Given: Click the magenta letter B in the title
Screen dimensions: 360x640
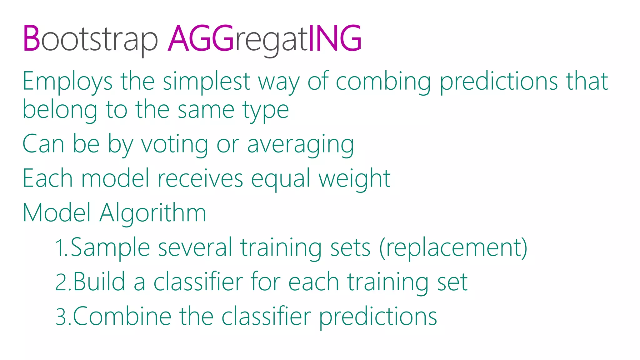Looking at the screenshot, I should [32, 38].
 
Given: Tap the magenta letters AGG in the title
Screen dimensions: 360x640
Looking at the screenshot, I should [201, 38].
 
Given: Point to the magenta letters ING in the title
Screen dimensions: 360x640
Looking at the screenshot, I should [335, 38].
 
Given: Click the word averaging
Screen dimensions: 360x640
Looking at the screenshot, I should [301, 145].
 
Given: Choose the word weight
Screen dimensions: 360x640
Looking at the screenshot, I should [354, 179].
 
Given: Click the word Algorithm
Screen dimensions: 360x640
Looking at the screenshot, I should [153, 213].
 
